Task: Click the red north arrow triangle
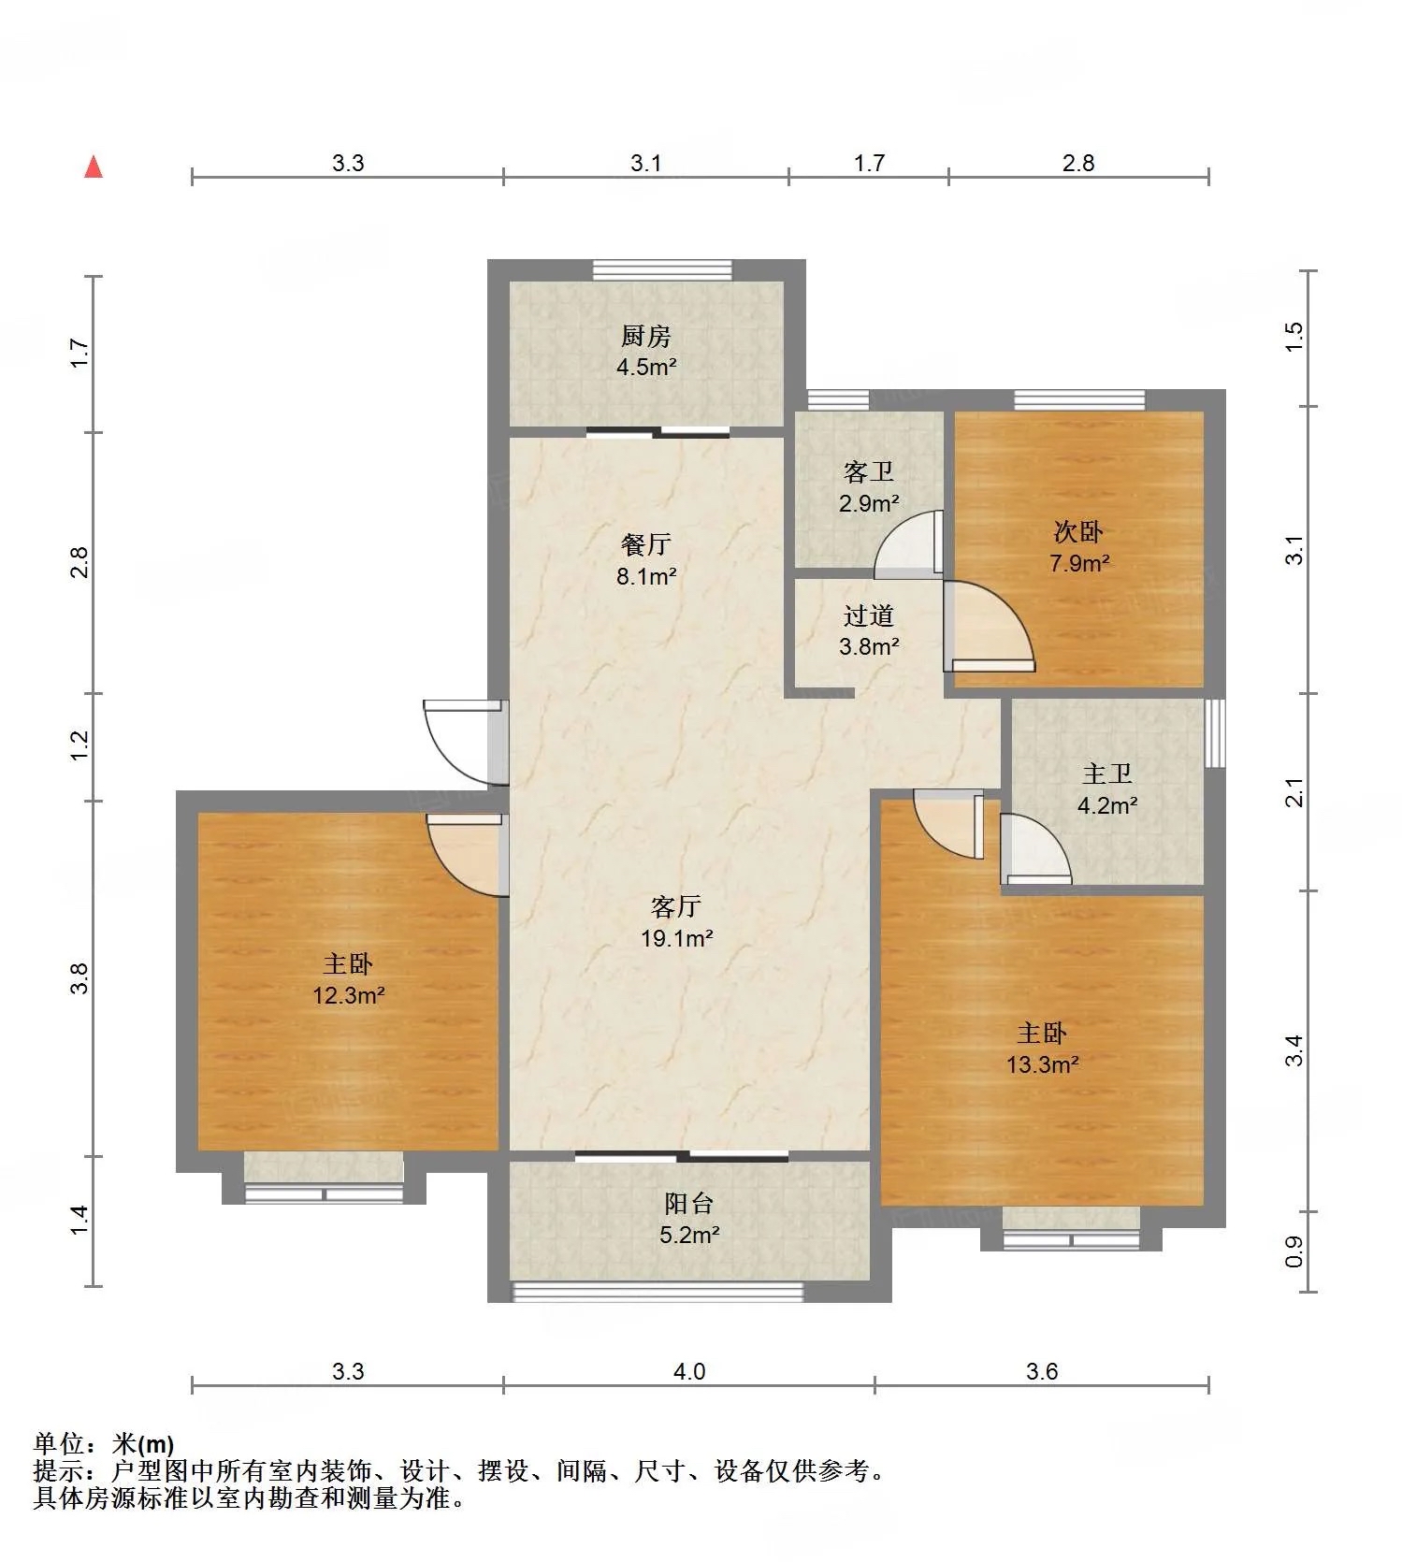pos(94,166)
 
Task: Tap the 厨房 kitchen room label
pos(645,336)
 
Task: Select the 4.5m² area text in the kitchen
pos(645,367)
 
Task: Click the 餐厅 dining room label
pos(645,544)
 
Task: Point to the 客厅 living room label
pos(676,906)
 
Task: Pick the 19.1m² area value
pos(677,938)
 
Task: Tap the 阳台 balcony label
pos(689,1204)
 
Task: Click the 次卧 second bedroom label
pos(1078,532)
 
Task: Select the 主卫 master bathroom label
pos(1107,774)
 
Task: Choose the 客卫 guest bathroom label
pos(869,472)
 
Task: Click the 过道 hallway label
pos(869,615)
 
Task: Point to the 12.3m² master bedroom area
pos(349,996)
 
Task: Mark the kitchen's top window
pos(662,269)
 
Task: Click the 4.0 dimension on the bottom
pos(689,1371)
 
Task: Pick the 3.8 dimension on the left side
pos(80,978)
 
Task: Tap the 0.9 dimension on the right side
pos(1294,1252)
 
